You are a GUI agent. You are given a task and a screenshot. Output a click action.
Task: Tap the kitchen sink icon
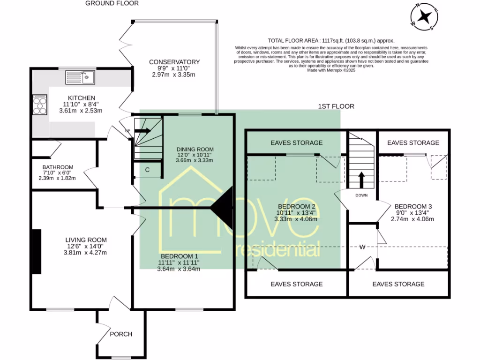(80, 77)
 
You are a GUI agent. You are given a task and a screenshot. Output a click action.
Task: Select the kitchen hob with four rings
(39, 105)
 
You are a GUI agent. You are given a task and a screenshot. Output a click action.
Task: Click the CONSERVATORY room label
(174, 62)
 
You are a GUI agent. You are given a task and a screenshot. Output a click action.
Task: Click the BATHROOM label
(58, 167)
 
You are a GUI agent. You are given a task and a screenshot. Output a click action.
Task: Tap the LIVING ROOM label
(86, 240)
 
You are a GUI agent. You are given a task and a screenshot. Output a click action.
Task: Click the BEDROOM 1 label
(180, 256)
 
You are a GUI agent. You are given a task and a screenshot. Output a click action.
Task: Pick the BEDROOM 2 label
(296, 206)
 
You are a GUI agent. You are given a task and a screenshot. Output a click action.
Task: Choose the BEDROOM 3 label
(413, 206)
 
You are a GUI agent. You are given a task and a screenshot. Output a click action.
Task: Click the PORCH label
(121, 334)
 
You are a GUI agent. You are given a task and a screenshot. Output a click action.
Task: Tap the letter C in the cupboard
(147, 170)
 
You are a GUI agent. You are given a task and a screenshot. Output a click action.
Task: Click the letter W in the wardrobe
(362, 247)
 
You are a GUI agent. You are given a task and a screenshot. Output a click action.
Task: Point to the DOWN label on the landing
(361, 195)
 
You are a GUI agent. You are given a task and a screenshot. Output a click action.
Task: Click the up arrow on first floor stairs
(361, 179)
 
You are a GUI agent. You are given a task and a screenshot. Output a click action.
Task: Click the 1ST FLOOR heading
(336, 106)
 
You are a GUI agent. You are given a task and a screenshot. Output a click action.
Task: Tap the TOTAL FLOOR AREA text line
(331, 40)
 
